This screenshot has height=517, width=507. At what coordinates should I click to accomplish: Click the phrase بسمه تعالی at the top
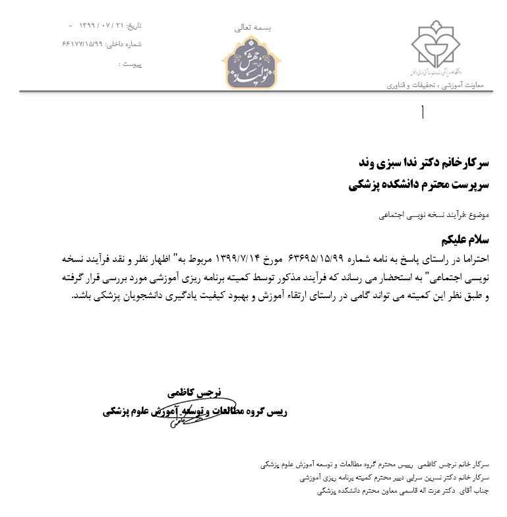pos(253,28)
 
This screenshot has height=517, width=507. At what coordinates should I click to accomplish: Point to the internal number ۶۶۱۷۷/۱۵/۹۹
pos(83,44)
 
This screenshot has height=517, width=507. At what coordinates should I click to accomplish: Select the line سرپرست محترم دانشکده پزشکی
pos(419,185)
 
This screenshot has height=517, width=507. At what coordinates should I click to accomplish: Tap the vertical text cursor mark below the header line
pos(423,113)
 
